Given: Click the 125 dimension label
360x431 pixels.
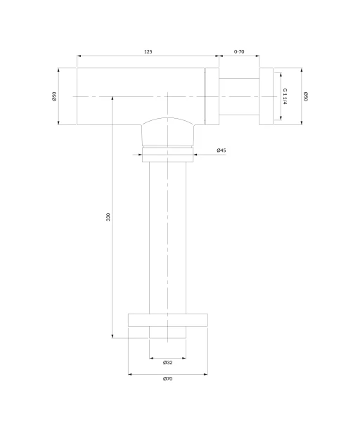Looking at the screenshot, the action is click(x=148, y=51).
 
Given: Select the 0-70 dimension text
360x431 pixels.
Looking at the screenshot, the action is click(x=239, y=51).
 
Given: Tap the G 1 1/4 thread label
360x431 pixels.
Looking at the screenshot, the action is click(x=285, y=96).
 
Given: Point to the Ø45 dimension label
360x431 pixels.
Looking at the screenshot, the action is click(x=221, y=150).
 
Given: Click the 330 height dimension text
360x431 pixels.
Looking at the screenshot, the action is click(x=108, y=217).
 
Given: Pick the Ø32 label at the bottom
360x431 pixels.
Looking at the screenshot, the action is click(x=167, y=363).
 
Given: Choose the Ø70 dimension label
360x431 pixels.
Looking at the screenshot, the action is click(x=167, y=378).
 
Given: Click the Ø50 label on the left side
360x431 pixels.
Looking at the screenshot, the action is click(x=54, y=96).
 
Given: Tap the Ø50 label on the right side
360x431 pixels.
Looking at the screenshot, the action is click(x=306, y=96).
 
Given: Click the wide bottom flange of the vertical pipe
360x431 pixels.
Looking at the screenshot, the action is click(x=168, y=320).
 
